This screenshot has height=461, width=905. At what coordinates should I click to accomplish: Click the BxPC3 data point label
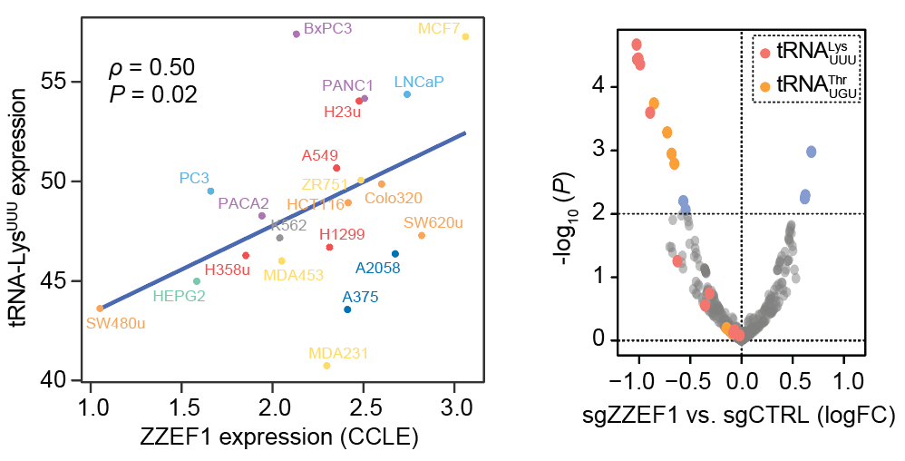click(327, 28)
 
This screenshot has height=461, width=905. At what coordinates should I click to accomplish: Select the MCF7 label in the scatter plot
click(439, 28)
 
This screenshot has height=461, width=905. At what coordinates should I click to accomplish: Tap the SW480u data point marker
click(100, 309)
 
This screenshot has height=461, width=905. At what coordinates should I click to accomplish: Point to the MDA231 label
click(338, 352)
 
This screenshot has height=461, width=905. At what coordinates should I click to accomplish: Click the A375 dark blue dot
click(347, 309)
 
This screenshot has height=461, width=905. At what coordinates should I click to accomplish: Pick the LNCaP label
click(419, 81)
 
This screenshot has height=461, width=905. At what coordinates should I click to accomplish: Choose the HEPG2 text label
click(180, 295)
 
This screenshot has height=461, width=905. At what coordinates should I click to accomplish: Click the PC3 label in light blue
click(194, 178)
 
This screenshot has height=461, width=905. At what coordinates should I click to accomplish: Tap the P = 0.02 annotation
click(152, 93)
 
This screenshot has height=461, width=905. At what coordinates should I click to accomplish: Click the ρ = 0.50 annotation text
click(152, 68)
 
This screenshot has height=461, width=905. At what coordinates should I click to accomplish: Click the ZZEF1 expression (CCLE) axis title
click(278, 437)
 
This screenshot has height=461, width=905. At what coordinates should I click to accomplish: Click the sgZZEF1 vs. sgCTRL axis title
click(742, 417)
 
